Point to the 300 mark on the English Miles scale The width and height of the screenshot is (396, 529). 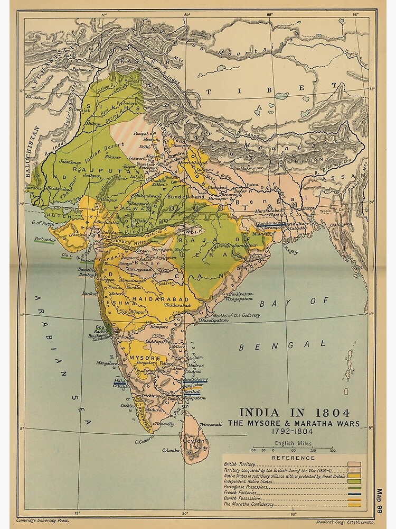pyautogui.click(x=332, y=450)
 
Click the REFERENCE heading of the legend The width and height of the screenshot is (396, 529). pyautogui.click(x=293, y=458)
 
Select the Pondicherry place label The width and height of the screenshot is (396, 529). pyautogui.click(x=195, y=379)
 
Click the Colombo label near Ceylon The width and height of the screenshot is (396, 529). pyautogui.click(x=172, y=450)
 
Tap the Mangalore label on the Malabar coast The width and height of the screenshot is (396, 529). pyautogui.click(x=107, y=363)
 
